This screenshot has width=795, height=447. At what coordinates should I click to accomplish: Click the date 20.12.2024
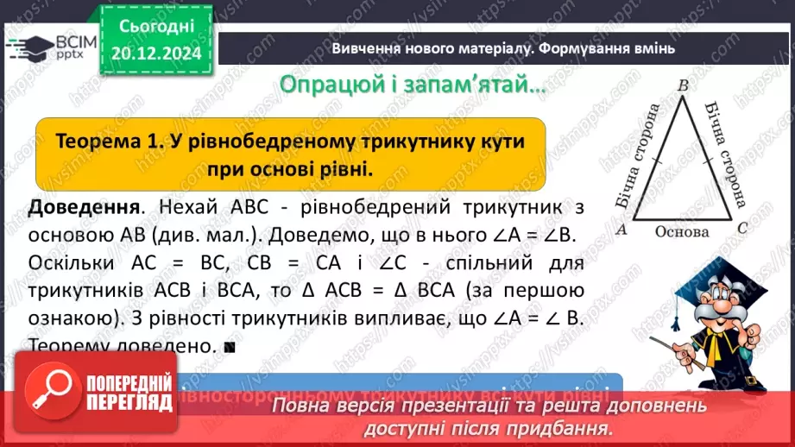coord(155,54)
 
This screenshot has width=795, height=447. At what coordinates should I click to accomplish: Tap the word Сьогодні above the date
coord(155,28)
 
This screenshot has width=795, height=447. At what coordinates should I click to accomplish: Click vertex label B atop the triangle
coord(682,85)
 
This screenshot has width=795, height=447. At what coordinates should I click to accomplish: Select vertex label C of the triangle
coord(741,230)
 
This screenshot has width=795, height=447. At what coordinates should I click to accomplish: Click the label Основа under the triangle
coord(681,231)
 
